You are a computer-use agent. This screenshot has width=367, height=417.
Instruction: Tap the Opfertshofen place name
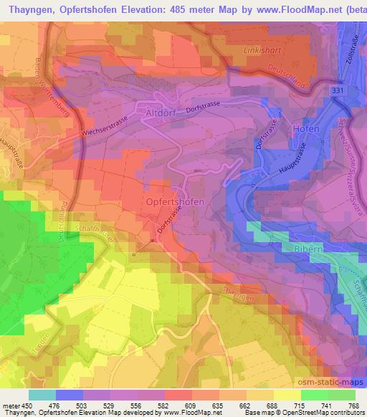tap(175, 202)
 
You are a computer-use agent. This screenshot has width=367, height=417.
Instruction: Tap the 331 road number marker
tap(340, 91)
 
